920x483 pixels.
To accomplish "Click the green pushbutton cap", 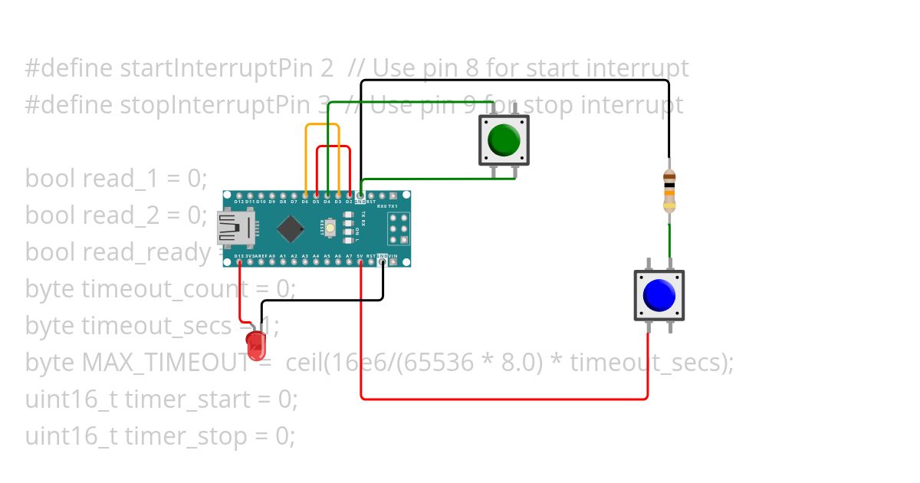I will coord(504,140).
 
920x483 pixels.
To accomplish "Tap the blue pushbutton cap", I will coord(659,295).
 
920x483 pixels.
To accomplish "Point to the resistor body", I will coord(669,189).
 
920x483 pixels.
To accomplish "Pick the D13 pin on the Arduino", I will coord(240,261).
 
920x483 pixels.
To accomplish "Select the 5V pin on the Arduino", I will coord(360,261).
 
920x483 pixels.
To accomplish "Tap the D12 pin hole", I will coord(240,195).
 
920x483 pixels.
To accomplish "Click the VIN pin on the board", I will coord(393,261).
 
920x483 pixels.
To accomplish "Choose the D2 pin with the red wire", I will coord(350,195).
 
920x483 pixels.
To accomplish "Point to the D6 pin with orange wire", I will coord(306,195).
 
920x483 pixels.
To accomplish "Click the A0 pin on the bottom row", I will coord(273,261).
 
